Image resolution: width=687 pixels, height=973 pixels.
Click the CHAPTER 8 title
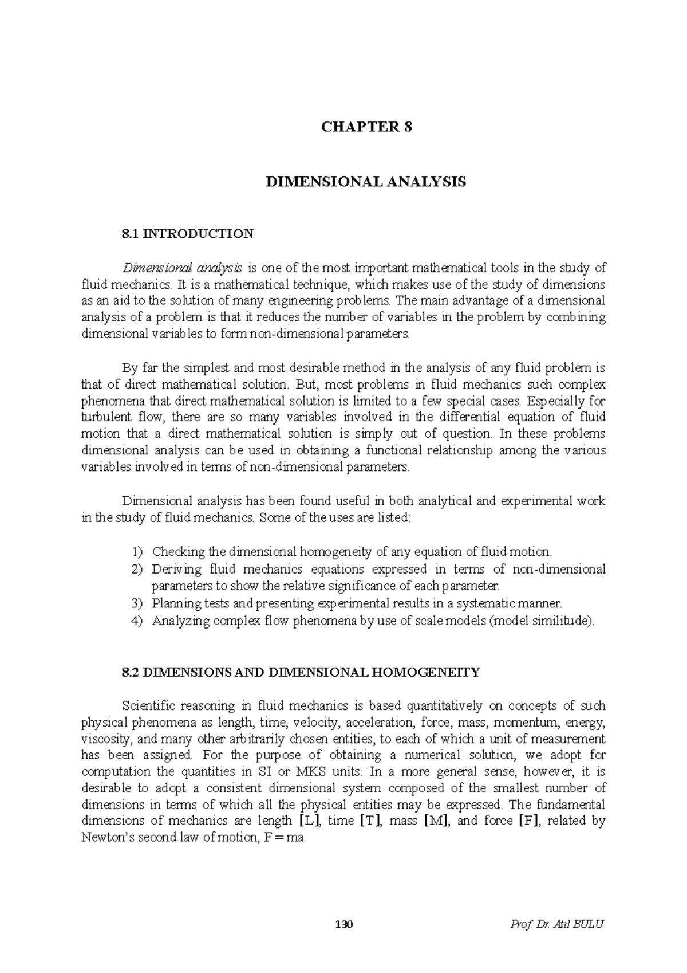(x=366, y=127)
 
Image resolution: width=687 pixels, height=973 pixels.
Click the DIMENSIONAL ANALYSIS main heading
(x=366, y=182)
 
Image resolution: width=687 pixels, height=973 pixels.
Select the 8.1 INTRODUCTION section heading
(x=187, y=234)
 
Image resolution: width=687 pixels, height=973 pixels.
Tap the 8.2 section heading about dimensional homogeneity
(x=301, y=672)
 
